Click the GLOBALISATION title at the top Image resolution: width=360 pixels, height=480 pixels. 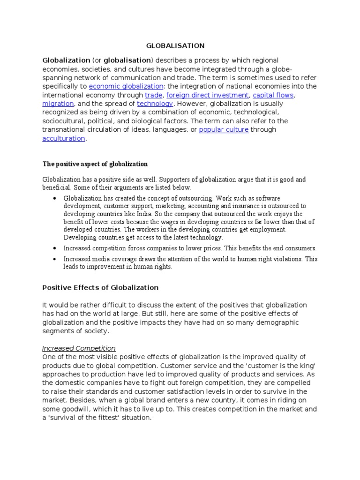click(175, 45)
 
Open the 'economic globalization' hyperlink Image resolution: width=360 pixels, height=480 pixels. click(126, 86)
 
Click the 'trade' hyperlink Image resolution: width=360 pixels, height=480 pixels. click(153, 95)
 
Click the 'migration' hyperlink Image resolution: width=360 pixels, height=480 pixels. click(58, 104)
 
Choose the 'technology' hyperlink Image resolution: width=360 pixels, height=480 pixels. click(155, 104)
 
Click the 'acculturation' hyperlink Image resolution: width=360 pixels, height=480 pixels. click(64, 138)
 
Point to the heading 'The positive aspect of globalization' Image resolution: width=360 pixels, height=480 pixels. click(95, 164)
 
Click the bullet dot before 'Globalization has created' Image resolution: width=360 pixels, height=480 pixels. click(55, 199)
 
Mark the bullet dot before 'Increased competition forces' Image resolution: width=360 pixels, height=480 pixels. click(55, 248)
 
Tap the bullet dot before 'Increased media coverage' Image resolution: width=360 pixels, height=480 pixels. click(55, 259)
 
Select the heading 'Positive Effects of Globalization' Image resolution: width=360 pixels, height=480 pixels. click(100, 287)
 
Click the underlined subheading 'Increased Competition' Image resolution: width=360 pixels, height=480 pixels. click(79, 348)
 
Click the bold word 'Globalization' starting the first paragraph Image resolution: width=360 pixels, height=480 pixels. click(66, 60)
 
